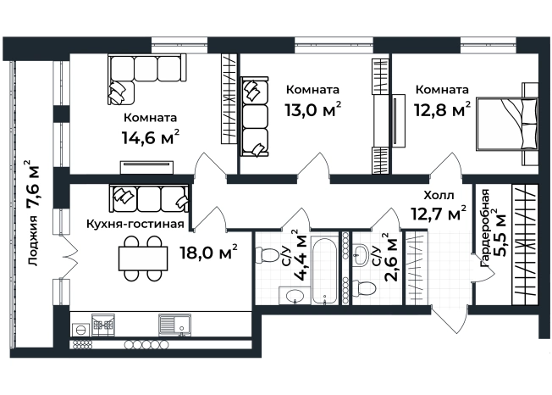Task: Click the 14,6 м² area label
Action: point(151,136)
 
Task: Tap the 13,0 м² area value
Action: point(313,108)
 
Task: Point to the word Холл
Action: point(439,195)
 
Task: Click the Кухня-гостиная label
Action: point(135,224)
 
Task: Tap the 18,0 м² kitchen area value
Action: point(209,252)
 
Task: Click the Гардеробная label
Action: point(485,229)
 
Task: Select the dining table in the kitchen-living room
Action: point(143,259)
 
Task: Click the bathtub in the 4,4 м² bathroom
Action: point(324,270)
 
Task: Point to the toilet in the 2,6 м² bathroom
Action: point(364,288)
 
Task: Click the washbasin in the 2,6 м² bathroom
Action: point(361,255)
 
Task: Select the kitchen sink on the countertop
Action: point(174,325)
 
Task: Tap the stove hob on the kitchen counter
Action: point(103,325)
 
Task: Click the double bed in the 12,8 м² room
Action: point(507,124)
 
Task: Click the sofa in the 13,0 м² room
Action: point(254,117)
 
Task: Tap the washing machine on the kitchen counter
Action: point(80,330)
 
